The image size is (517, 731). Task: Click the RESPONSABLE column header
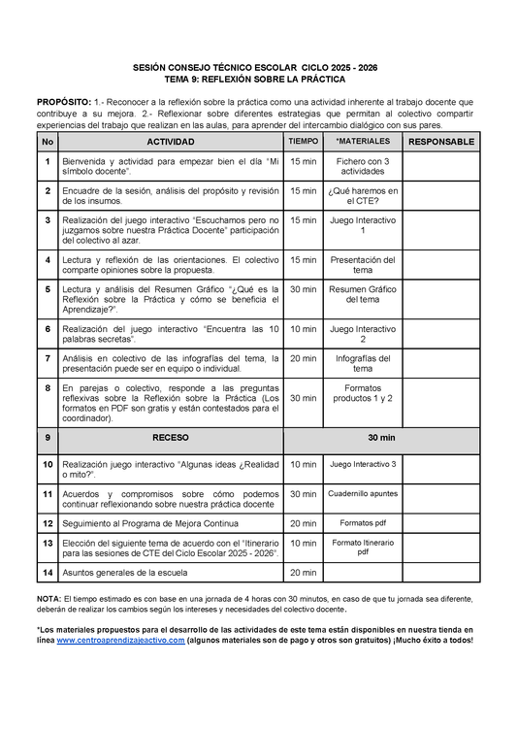pyautogui.click(x=441, y=142)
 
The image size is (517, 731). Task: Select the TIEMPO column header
pyautogui.click(x=303, y=142)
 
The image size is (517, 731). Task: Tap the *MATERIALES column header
pyautogui.click(x=362, y=142)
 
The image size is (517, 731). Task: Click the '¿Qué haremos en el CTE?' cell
pyautogui.click(x=362, y=195)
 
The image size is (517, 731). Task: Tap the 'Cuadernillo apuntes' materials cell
pyautogui.click(x=362, y=494)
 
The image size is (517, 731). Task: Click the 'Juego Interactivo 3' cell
pyautogui.click(x=362, y=465)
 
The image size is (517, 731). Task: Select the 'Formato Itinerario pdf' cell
pyautogui.click(x=362, y=548)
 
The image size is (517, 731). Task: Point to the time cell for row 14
pyautogui.click(x=303, y=573)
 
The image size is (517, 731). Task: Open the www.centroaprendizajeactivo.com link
pyautogui.click(x=120, y=641)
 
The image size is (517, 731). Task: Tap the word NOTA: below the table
pyautogui.click(x=48, y=600)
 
